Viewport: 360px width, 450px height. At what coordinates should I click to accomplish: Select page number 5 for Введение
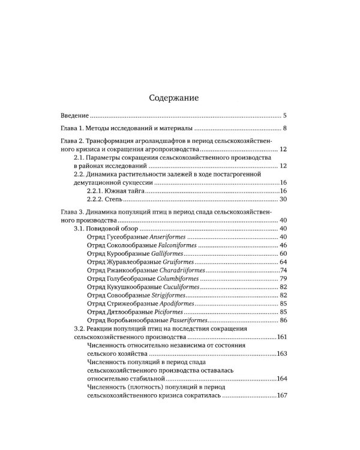pyautogui.click(x=286, y=115)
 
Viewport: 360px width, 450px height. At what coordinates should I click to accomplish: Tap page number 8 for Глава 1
pyautogui.click(x=286, y=129)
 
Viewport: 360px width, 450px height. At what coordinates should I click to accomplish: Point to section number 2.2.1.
pyautogui.click(x=98, y=190)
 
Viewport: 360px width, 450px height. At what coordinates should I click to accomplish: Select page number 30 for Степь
pyautogui.click(x=284, y=199)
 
